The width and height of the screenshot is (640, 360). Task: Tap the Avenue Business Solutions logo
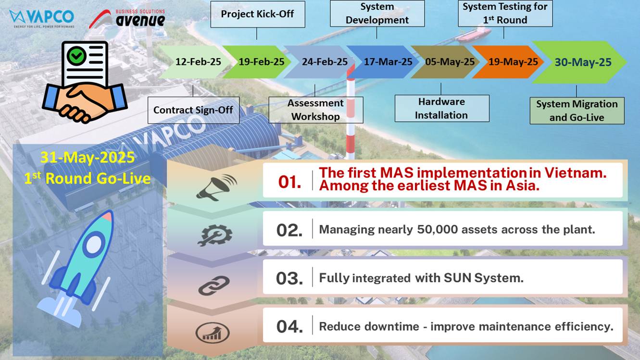127,19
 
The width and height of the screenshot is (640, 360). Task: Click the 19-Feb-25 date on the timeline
262,62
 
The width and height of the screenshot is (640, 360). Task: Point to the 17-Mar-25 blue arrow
383,62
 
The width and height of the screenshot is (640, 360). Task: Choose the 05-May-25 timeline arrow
446,62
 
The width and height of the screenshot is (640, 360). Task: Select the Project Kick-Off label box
258,14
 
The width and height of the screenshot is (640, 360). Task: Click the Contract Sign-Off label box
193,110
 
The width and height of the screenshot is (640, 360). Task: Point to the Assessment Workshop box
316,110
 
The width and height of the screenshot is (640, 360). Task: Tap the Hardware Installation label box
442,109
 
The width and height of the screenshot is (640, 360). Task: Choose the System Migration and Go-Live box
577,111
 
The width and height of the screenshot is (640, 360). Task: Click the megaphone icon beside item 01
216,187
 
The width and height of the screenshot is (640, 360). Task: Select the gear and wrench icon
214,236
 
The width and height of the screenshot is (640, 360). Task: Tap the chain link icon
213,286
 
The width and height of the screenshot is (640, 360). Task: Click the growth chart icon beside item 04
213,333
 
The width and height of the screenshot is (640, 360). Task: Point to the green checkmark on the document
76,56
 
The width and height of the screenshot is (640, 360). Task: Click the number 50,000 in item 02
438,230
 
